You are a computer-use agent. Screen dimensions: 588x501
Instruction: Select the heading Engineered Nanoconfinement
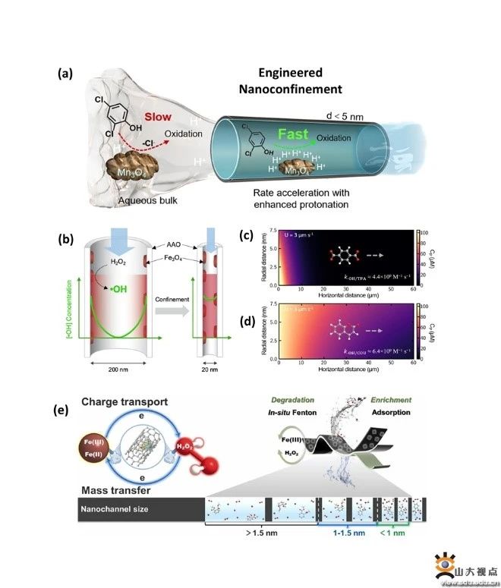[x=290, y=81]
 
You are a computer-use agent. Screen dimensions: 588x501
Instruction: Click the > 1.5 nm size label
[x=255, y=533]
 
